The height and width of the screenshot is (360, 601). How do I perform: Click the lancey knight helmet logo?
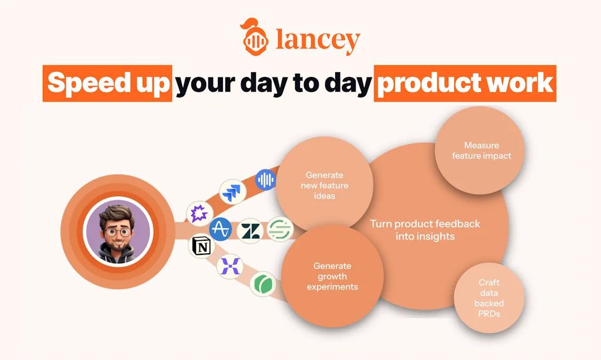tap(254, 37)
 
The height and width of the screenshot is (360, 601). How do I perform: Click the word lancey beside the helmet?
tap(318, 39)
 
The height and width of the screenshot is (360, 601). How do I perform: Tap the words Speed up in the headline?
tap(108, 83)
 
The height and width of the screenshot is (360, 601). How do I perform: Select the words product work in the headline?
tap(465, 83)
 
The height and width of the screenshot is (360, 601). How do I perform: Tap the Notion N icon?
tap(202, 245)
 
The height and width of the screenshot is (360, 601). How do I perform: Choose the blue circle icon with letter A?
tap(221, 229)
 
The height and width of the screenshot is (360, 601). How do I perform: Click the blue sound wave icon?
tap(266, 180)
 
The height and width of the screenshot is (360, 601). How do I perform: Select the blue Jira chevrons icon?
tap(232, 191)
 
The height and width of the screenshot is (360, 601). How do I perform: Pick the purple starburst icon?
tap(200, 213)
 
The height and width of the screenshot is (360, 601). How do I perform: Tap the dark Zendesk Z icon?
tap(250, 231)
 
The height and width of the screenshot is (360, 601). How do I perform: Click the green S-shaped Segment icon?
tap(280, 229)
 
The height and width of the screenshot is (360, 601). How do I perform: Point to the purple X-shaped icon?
tap(230, 266)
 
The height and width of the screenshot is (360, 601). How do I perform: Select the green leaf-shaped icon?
tap(263, 284)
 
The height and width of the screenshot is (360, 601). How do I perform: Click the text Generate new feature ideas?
tap(325, 186)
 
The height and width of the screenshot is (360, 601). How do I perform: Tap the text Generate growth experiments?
tap(332, 277)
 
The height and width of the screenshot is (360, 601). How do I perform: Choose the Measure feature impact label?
tap(481, 151)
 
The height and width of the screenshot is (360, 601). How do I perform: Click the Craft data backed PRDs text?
tap(489, 298)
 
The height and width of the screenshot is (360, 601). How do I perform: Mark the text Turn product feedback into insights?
tap(425, 230)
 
